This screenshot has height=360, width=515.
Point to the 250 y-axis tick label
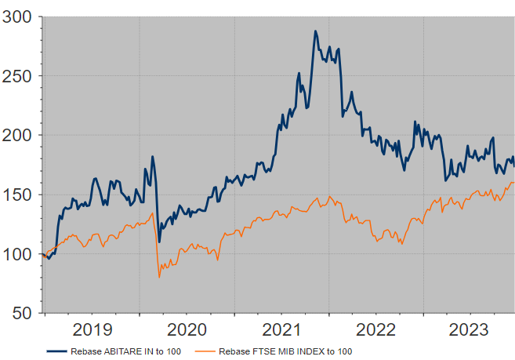click(x=18, y=76)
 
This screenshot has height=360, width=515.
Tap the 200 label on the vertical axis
click(x=18, y=136)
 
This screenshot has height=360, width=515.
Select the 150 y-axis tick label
click(x=18, y=195)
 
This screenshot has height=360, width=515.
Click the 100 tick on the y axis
click(x=18, y=254)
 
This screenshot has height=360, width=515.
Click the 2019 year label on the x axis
click(x=92, y=329)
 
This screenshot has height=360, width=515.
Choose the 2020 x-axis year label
click(x=187, y=329)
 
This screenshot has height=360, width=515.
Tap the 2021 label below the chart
click(x=281, y=329)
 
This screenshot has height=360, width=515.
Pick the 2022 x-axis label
click(x=375, y=329)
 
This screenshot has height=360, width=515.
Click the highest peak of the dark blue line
click(x=315, y=31)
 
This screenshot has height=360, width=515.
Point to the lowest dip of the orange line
click(x=160, y=277)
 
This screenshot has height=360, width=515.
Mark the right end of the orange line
click(x=513, y=183)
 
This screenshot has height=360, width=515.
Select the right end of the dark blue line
click(x=514, y=165)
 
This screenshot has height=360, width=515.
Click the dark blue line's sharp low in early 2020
click(x=160, y=242)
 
